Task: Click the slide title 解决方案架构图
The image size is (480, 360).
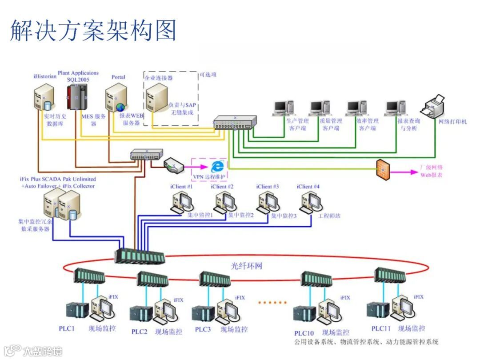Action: [x=93, y=30]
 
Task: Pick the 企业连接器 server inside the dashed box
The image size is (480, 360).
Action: [x=156, y=97]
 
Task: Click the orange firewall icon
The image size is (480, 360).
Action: [x=383, y=169]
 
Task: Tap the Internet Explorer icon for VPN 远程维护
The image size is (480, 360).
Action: [x=217, y=166]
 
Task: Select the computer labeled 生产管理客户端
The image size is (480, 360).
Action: [x=284, y=108]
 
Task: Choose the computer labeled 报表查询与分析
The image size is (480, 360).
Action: [x=395, y=108]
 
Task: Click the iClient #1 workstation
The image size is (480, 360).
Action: [x=182, y=202]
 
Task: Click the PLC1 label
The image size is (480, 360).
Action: [x=67, y=329]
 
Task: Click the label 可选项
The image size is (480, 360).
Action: [x=208, y=75]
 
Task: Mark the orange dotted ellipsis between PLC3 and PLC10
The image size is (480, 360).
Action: [x=272, y=302]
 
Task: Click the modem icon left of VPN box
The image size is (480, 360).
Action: [x=174, y=165]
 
